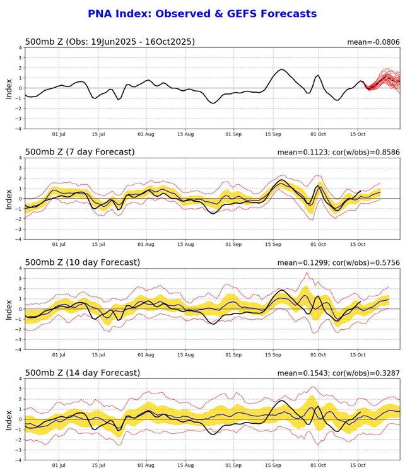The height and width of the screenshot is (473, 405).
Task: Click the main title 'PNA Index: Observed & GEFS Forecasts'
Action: pos(202,13)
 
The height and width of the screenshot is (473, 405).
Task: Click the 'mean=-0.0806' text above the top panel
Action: pos(372,42)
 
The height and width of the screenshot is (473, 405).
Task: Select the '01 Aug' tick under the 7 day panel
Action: pos(146,245)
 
